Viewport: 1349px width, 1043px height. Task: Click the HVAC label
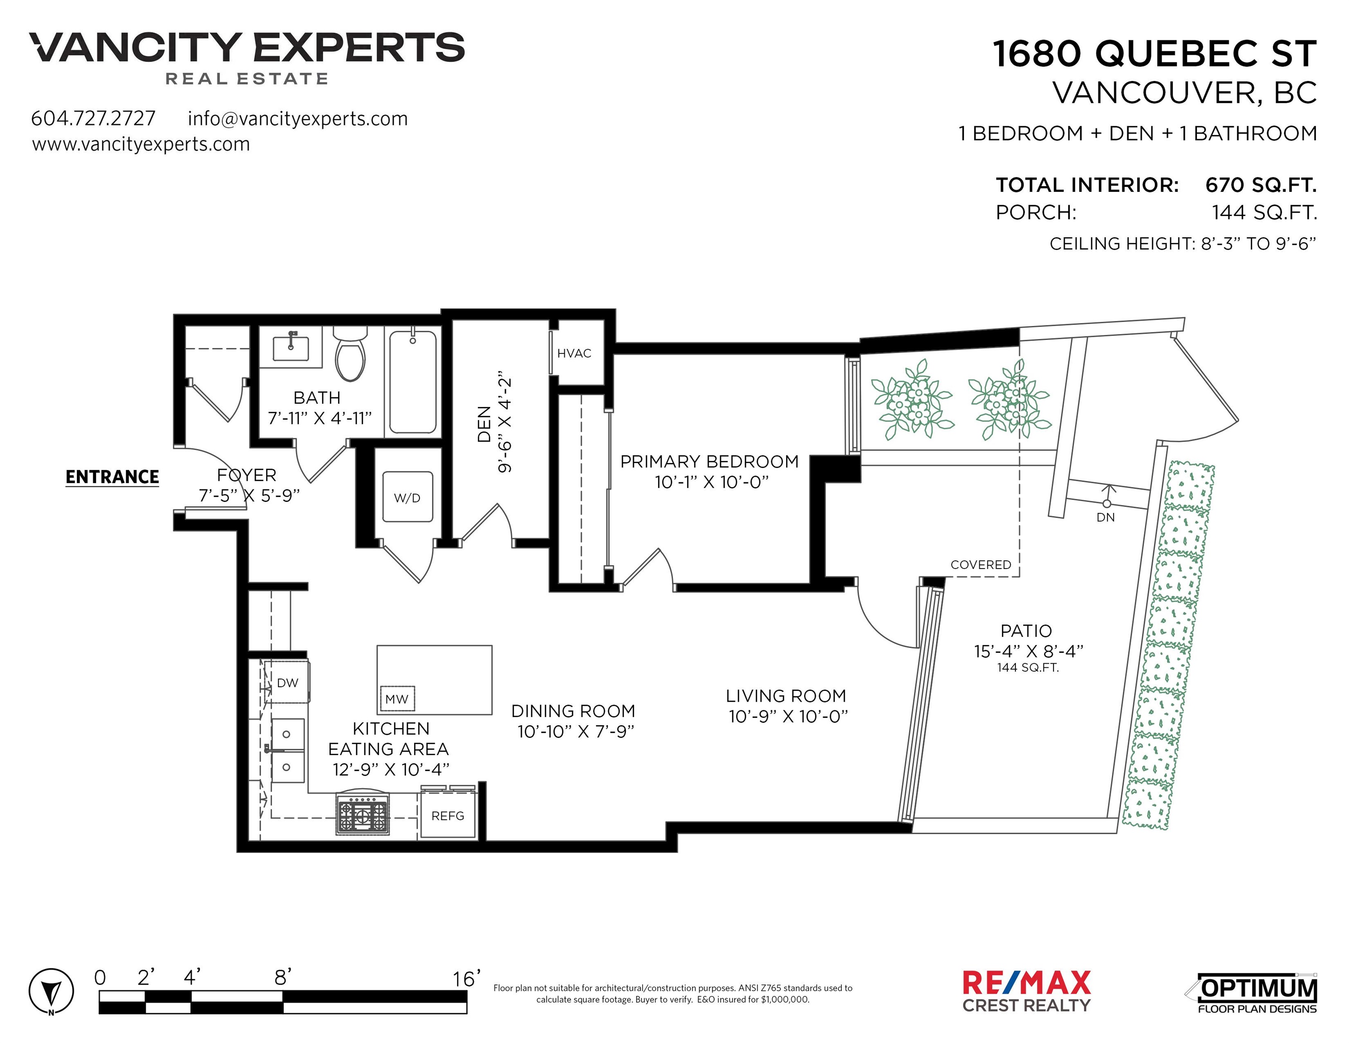[574, 354]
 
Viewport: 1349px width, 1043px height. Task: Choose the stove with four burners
[362, 814]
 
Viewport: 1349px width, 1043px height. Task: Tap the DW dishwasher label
[287, 683]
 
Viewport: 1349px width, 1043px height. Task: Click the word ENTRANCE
[112, 477]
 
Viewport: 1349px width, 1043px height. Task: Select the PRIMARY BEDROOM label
[709, 462]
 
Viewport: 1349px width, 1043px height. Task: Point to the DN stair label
[1105, 517]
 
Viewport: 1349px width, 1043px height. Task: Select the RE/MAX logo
[1027, 991]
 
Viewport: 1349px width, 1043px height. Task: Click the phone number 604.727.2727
[93, 118]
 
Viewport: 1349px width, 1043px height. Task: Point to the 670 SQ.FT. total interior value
[1261, 185]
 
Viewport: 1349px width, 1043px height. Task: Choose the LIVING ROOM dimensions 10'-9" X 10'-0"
[788, 716]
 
